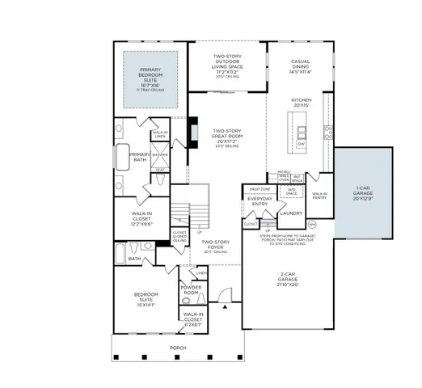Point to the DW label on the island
coord(302,143)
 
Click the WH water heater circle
coord(312,224)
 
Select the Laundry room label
coord(291,213)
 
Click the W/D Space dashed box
coord(291,192)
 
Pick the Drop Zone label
coord(260,189)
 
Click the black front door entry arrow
coord(226,307)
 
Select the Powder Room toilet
coord(186,300)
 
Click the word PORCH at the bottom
coord(177,348)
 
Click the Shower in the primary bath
coord(160,154)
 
